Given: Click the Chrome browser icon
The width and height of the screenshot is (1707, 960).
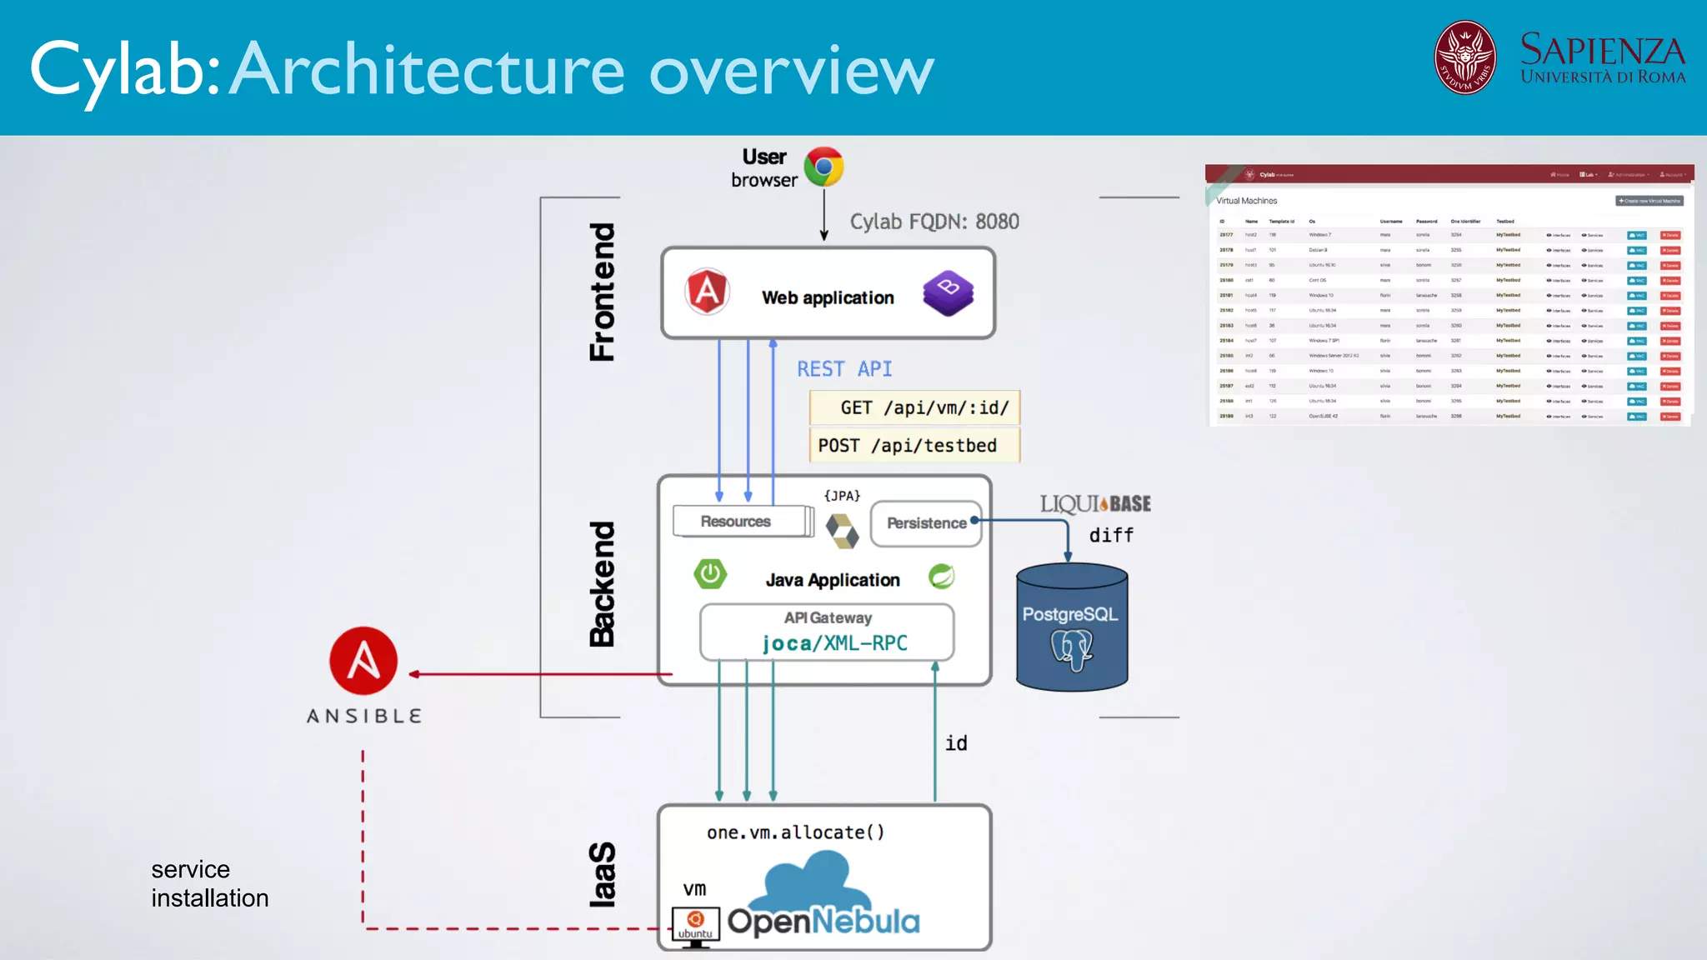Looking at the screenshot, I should tap(823, 167).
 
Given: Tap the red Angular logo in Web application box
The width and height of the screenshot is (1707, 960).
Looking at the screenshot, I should tap(707, 292).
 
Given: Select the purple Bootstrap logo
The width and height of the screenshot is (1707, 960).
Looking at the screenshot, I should tap(949, 292).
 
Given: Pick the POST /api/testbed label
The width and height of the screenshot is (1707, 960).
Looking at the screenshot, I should tap(907, 446).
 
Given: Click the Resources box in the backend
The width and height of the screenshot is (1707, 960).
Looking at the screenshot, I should tap(737, 522).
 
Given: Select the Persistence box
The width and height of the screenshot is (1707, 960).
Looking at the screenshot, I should tap(925, 523).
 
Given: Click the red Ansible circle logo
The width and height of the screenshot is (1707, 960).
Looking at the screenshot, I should tap(363, 661).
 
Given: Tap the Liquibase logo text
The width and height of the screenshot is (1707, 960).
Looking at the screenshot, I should tap(1094, 504).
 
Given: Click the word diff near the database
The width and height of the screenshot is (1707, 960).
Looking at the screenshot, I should tap(1111, 536).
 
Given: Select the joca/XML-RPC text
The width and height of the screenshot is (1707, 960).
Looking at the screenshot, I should tap(834, 643).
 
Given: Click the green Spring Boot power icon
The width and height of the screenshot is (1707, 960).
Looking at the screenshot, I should tap(710, 573).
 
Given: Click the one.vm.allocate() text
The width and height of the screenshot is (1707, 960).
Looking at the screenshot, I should tap(795, 832).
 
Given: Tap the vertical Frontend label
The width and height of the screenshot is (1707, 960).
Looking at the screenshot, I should tap(602, 292).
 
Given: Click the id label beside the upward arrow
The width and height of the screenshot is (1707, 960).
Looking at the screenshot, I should tap(956, 743).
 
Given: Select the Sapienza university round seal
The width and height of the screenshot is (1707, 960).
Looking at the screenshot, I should tap(1464, 57).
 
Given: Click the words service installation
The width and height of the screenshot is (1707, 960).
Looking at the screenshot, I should tap(209, 884).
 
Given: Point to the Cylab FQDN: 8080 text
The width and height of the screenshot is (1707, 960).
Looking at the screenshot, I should tap(934, 222).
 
